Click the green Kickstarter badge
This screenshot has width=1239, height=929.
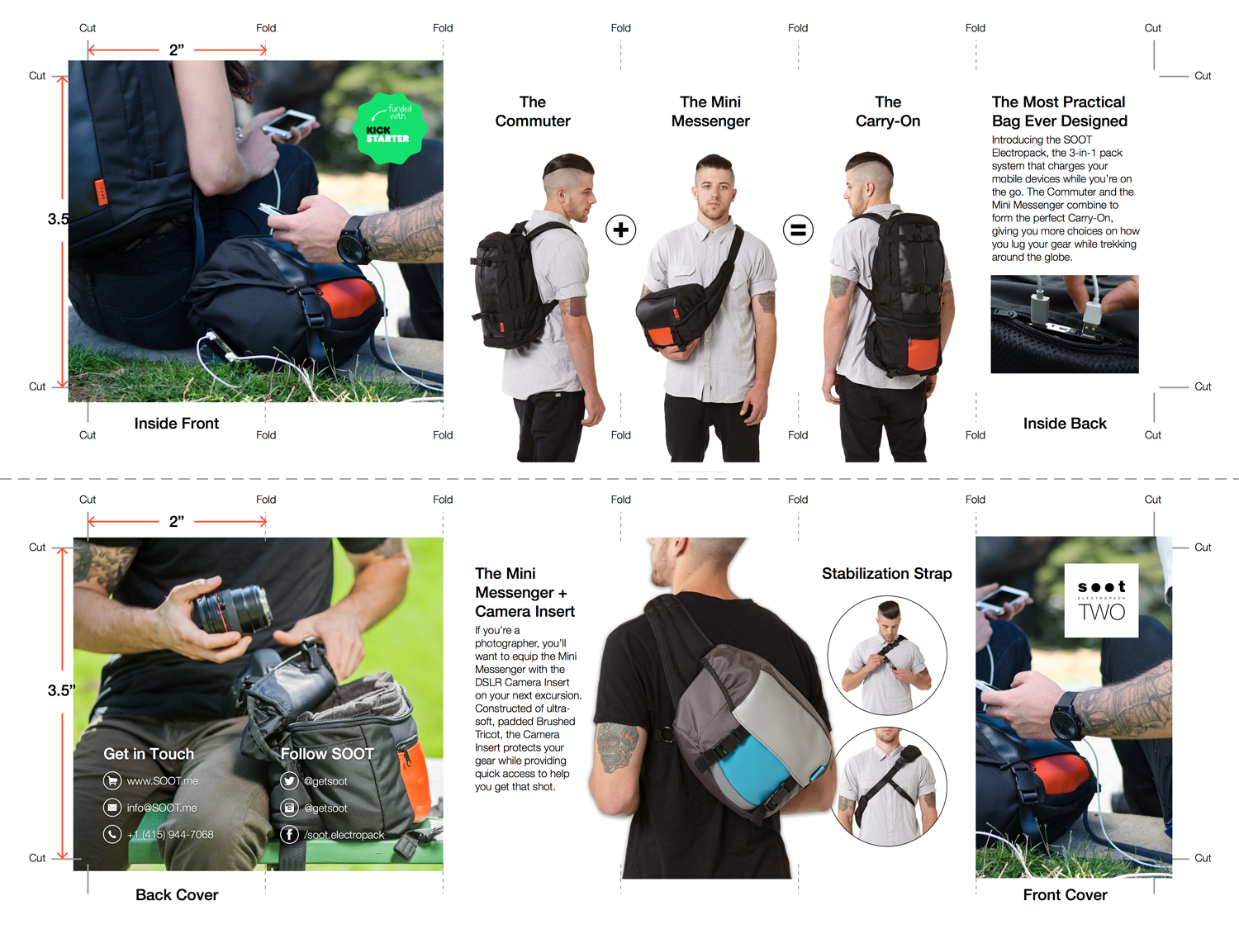[x=390, y=129]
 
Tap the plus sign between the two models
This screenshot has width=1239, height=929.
[x=620, y=230]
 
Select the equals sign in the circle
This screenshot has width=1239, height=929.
[x=798, y=230]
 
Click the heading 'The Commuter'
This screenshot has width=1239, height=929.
[x=532, y=111]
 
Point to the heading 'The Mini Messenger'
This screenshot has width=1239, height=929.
[x=710, y=111]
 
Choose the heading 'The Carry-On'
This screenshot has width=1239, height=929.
[x=887, y=111]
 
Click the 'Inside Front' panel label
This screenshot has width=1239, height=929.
[x=176, y=423]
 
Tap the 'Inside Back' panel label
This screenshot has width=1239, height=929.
[x=1065, y=423]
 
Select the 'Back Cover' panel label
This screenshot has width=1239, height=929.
[x=177, y=894]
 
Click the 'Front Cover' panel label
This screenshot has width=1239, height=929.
[x=1066, y=894]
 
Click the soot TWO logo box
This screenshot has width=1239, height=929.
[x=1101, y=600]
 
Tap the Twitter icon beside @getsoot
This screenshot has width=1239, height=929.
[x=289, y=780]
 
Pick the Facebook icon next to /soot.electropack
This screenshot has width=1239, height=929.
[x=289, y=834]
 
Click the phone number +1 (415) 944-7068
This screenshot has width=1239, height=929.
[x=170, y=834]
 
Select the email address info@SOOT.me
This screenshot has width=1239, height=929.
[x=161, y=808]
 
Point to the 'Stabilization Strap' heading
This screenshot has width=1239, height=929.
[x=886, y=574]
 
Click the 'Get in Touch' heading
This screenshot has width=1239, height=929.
[x=149, y=754]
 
